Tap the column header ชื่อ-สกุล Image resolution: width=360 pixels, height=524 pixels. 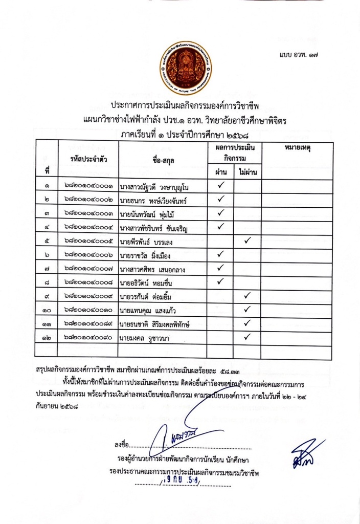[x=163, y=160]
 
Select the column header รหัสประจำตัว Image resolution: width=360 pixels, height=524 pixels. [x=88, y=160]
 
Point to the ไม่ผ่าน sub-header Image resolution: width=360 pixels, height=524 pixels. [x=247, y=173]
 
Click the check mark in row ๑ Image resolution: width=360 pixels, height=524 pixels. [x=221, y=186]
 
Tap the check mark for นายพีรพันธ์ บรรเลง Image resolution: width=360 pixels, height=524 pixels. [x=247, y=240]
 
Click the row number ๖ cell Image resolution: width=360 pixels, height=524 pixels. [x=47, y=254]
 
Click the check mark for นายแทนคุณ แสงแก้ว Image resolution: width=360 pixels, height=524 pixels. [x=247, y=309]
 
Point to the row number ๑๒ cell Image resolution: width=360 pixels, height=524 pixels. [x=47, y=337]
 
